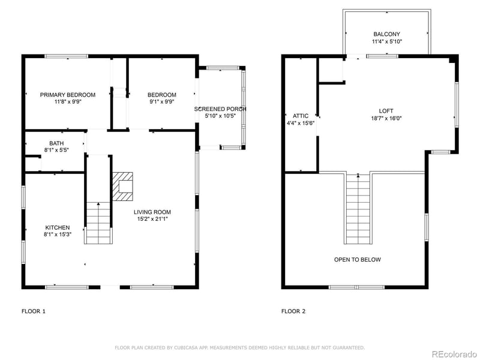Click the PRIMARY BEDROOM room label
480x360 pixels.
click(68, 95)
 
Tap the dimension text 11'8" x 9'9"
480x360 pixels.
click(68, 103)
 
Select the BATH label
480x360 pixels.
click(56, 143)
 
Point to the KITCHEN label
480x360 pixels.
click(58, 227)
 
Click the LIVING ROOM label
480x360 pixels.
click(152, 212)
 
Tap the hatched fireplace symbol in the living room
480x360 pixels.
click(124, 187)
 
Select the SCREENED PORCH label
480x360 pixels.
click(220, 109)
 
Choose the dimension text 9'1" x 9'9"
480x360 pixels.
click(162, 103)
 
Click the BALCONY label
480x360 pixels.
click(386, 34)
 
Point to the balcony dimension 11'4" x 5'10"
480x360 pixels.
click(386, 42)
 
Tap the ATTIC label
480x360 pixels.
click(300, 116)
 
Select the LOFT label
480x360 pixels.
click(386, 111)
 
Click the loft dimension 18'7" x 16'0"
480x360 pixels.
click(386, 118)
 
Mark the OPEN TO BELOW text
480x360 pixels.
click(358, 260)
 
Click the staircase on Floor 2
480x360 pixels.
click(358, 210)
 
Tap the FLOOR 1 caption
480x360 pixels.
click(33, 311)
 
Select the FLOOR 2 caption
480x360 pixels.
click(293, 311)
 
